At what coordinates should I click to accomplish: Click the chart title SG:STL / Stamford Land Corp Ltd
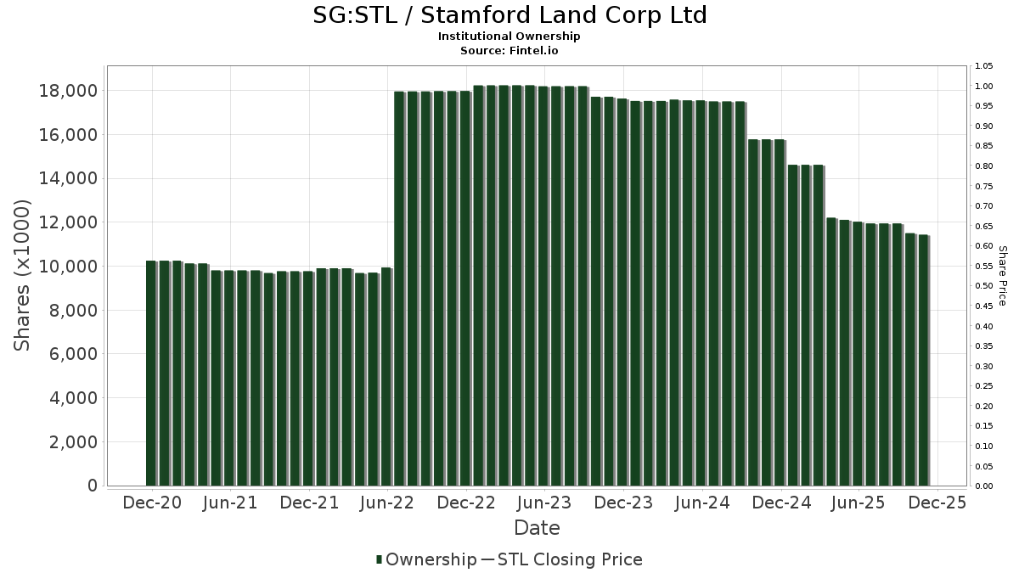(x=509, y=15)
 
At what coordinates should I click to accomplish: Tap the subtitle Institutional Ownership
(x=509, y=37)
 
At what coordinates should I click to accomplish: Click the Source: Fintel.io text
(x=509, y=50)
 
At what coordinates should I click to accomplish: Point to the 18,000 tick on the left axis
(x=69, y=91)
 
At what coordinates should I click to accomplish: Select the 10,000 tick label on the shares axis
(x=69, y=267)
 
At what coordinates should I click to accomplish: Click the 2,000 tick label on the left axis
(x=73, y=442)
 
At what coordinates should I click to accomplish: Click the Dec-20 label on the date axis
(x=152, y=503)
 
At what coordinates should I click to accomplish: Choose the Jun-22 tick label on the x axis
(x=387, y=503)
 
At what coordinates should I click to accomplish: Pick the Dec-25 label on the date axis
(x=937, y=503)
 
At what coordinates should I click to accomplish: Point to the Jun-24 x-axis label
(x=701, y=503)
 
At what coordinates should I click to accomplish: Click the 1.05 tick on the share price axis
(x=984, y=66)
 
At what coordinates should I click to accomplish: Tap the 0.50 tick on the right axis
(x=984, y=286)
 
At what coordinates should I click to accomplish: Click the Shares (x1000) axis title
(x=23, y=275)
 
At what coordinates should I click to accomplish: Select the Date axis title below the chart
(x=537, y=528)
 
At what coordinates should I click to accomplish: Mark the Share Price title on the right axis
(x=1002, y=276)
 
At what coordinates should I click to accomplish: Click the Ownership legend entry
(x=427, y=559)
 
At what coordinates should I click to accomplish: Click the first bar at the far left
(x=151, y=374)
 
